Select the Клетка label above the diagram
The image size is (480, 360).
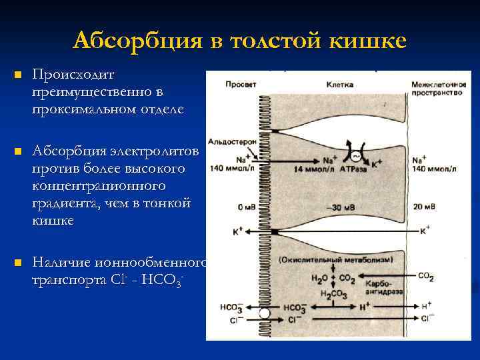click(340, 85)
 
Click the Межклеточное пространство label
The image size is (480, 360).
click(437, 88)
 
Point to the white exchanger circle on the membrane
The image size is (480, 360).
click(265, 312)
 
